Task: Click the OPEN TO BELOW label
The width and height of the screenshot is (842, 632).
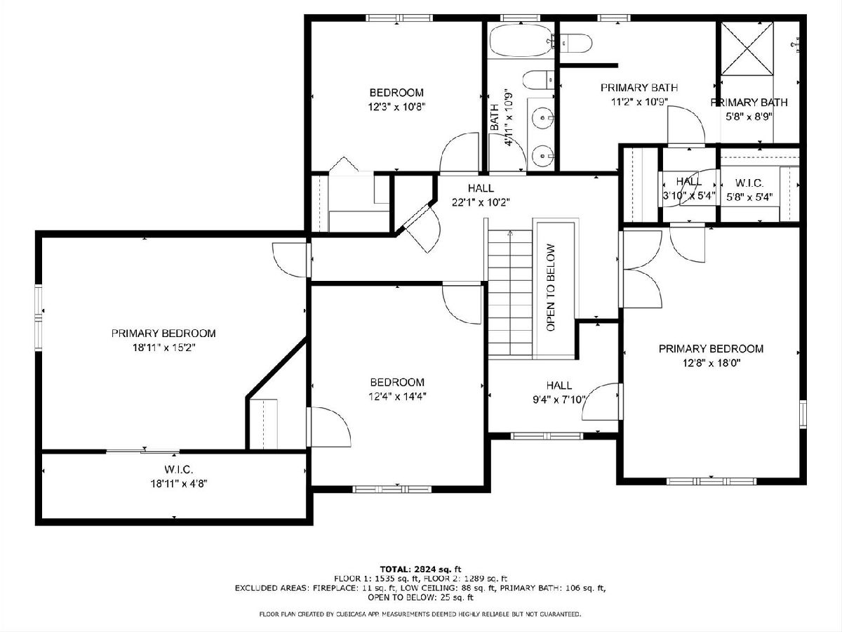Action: tap(551, 288)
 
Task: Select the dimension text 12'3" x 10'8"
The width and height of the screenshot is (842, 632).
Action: tap(397, 107)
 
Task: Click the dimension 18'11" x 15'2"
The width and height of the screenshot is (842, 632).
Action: tap(163, 348)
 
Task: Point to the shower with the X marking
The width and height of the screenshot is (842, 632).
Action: tap(747, 48)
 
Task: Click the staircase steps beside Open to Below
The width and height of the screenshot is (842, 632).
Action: tap(510, 294)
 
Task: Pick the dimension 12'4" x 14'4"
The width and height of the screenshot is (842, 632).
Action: tap(397, 396)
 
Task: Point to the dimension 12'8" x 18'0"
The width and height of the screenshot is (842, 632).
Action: tap(711, 362)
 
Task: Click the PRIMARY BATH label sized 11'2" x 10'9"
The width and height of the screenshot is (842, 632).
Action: tap(639, 88)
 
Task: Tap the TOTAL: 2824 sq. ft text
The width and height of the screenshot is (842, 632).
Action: tap(420, 569)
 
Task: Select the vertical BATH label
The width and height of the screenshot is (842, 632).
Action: tap(495, 117)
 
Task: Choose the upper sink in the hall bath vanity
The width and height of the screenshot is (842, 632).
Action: tap(544, 117)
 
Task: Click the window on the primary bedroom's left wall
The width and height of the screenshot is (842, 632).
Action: tap(39, 317)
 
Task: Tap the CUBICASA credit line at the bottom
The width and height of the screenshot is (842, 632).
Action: tap(420, 614)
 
